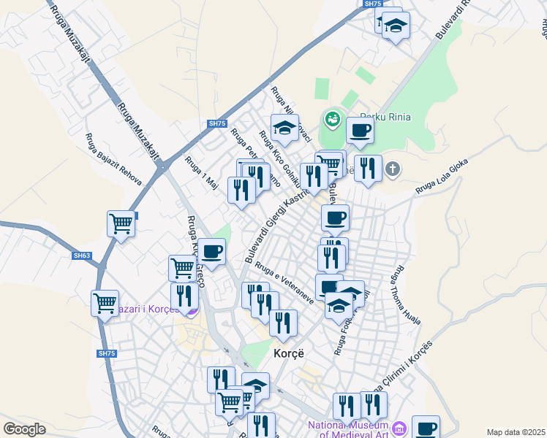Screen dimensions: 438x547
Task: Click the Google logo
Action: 24,429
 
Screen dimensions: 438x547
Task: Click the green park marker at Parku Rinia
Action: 332,117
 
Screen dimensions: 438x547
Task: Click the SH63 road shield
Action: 82,255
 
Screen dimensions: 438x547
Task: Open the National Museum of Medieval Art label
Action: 348,430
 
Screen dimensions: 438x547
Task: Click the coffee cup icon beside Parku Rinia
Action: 360,130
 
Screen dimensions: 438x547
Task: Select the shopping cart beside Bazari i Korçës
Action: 105,301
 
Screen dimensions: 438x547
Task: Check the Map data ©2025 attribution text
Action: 516,432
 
